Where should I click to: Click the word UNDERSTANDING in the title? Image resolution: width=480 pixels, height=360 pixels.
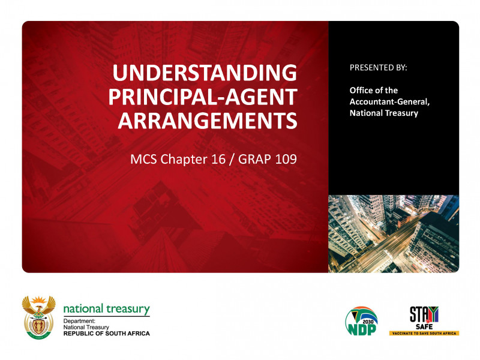205,74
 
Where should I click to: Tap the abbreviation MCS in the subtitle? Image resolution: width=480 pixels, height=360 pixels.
144,160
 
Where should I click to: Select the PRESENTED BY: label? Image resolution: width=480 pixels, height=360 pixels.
378,68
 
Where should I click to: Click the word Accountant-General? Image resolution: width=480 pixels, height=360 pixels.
389,101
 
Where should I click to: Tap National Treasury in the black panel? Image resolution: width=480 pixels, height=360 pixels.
384,113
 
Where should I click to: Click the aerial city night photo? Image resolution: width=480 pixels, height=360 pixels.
393,233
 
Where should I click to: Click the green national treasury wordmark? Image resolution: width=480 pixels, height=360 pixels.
106,308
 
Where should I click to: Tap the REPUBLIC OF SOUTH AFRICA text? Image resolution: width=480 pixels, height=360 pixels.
107,333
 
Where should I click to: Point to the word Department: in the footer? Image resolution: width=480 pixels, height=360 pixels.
80,321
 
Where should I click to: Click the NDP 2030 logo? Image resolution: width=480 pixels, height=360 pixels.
361,322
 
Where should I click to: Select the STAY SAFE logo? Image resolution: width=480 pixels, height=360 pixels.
424,316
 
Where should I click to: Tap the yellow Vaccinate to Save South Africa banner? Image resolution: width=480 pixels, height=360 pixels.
424,332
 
